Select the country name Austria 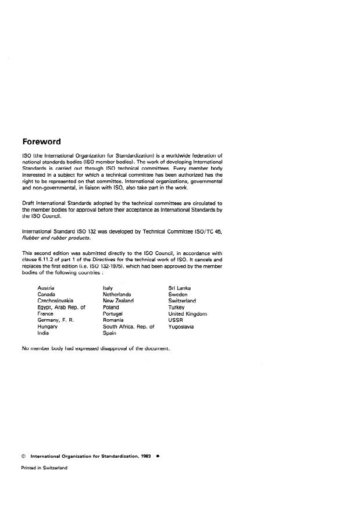(x=46, y=288)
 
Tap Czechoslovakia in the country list (x=55, y=301)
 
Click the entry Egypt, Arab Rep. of (x=61, y=307)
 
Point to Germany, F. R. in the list (x=55, y=320)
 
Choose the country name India (x=43, y=333)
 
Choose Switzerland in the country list (x=182, y=301)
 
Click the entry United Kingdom (x=187, y=313)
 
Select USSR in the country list (x=175, y=320)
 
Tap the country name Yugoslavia (x=181, y=326)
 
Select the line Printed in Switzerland (x=44, y=468)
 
